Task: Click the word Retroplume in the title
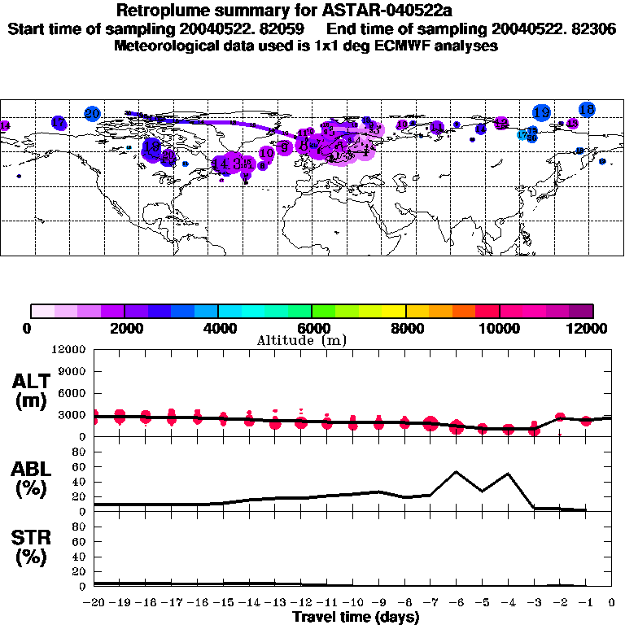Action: pyautogui.click(x=163, y=11)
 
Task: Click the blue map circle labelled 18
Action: pyautogui.click(x=587, y=109)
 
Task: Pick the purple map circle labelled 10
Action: pyautogui.click(x=266, y=153)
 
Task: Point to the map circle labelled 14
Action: pyautogui.click(x=221, y=164)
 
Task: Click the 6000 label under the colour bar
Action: pyautogui.click(x=312, y=328)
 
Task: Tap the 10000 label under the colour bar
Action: pyautogui.click(x=499, y=328)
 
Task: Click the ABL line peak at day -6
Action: pyautogui.click(x=456, y=471)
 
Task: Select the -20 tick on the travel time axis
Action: pyautogui.click(x=94, y=602)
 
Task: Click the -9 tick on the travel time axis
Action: pyautogui.click(x=378, y=602)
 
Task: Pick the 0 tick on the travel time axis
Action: pyautogui.click(x=612, y=602)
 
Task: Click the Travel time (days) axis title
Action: pyautogui.click(x=356, y=617)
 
